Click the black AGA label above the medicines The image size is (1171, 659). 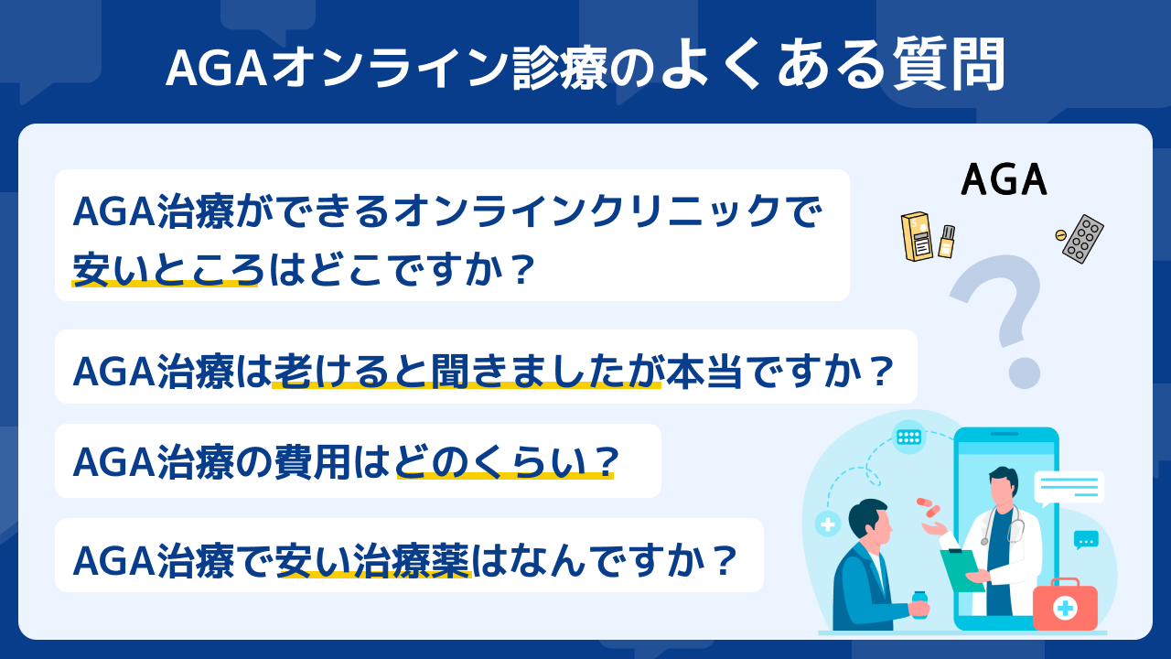coord(1004,179)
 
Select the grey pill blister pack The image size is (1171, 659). coord(1083,239)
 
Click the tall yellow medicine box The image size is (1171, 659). coord(917,236)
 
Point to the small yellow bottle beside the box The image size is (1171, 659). coord(947,242)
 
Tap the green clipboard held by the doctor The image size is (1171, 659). coord(961,571)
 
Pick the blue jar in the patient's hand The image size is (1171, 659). coord(919,605)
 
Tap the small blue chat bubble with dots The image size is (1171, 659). coord(1086,540)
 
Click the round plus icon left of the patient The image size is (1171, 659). coord(828,524)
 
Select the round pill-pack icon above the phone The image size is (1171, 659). coord(908,437)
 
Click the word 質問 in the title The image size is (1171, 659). coord(949,65)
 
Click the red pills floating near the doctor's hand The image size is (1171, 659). coord(929,507)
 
